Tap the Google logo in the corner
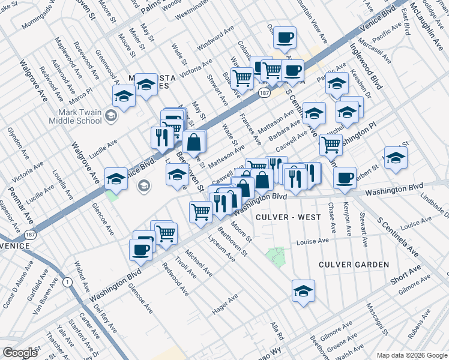(20, 353)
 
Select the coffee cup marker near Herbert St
(345, 178)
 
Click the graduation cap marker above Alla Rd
(303, 291)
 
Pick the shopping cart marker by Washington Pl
(331, 144)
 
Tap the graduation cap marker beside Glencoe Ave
(116, 178)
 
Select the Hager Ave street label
(225, 304)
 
